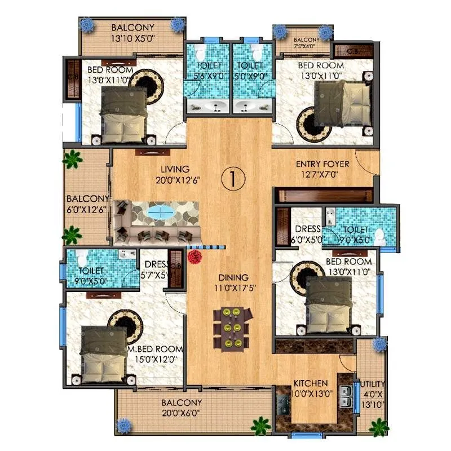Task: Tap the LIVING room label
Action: pos(174,169)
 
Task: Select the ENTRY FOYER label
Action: pos(323,165)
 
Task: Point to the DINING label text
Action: pos(233,277)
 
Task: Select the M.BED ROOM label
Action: pos(160,349)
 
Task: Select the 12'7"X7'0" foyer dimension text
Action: pos(323,175)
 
